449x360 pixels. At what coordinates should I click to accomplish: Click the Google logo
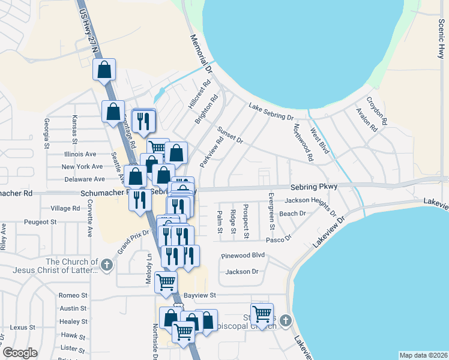[20, 353]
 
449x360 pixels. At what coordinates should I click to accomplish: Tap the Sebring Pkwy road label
[314, 187]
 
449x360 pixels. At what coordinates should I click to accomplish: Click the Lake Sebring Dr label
[271, 112]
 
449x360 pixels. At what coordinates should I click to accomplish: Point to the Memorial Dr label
[202, 53]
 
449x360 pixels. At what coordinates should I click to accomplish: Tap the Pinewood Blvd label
[243, 255]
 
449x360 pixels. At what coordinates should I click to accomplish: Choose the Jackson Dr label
[241, 272]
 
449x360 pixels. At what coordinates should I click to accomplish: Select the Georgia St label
[46, 133]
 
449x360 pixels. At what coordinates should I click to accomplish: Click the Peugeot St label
[40, 221]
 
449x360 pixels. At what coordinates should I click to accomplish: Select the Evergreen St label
[271, 212]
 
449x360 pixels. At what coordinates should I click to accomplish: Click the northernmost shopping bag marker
[104, 69]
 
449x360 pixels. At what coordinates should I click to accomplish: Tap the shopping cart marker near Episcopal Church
[262, 313]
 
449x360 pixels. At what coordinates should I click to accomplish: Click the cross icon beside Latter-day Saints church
[107, 264]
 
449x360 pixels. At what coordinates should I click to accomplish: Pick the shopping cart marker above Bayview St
[166, 281]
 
